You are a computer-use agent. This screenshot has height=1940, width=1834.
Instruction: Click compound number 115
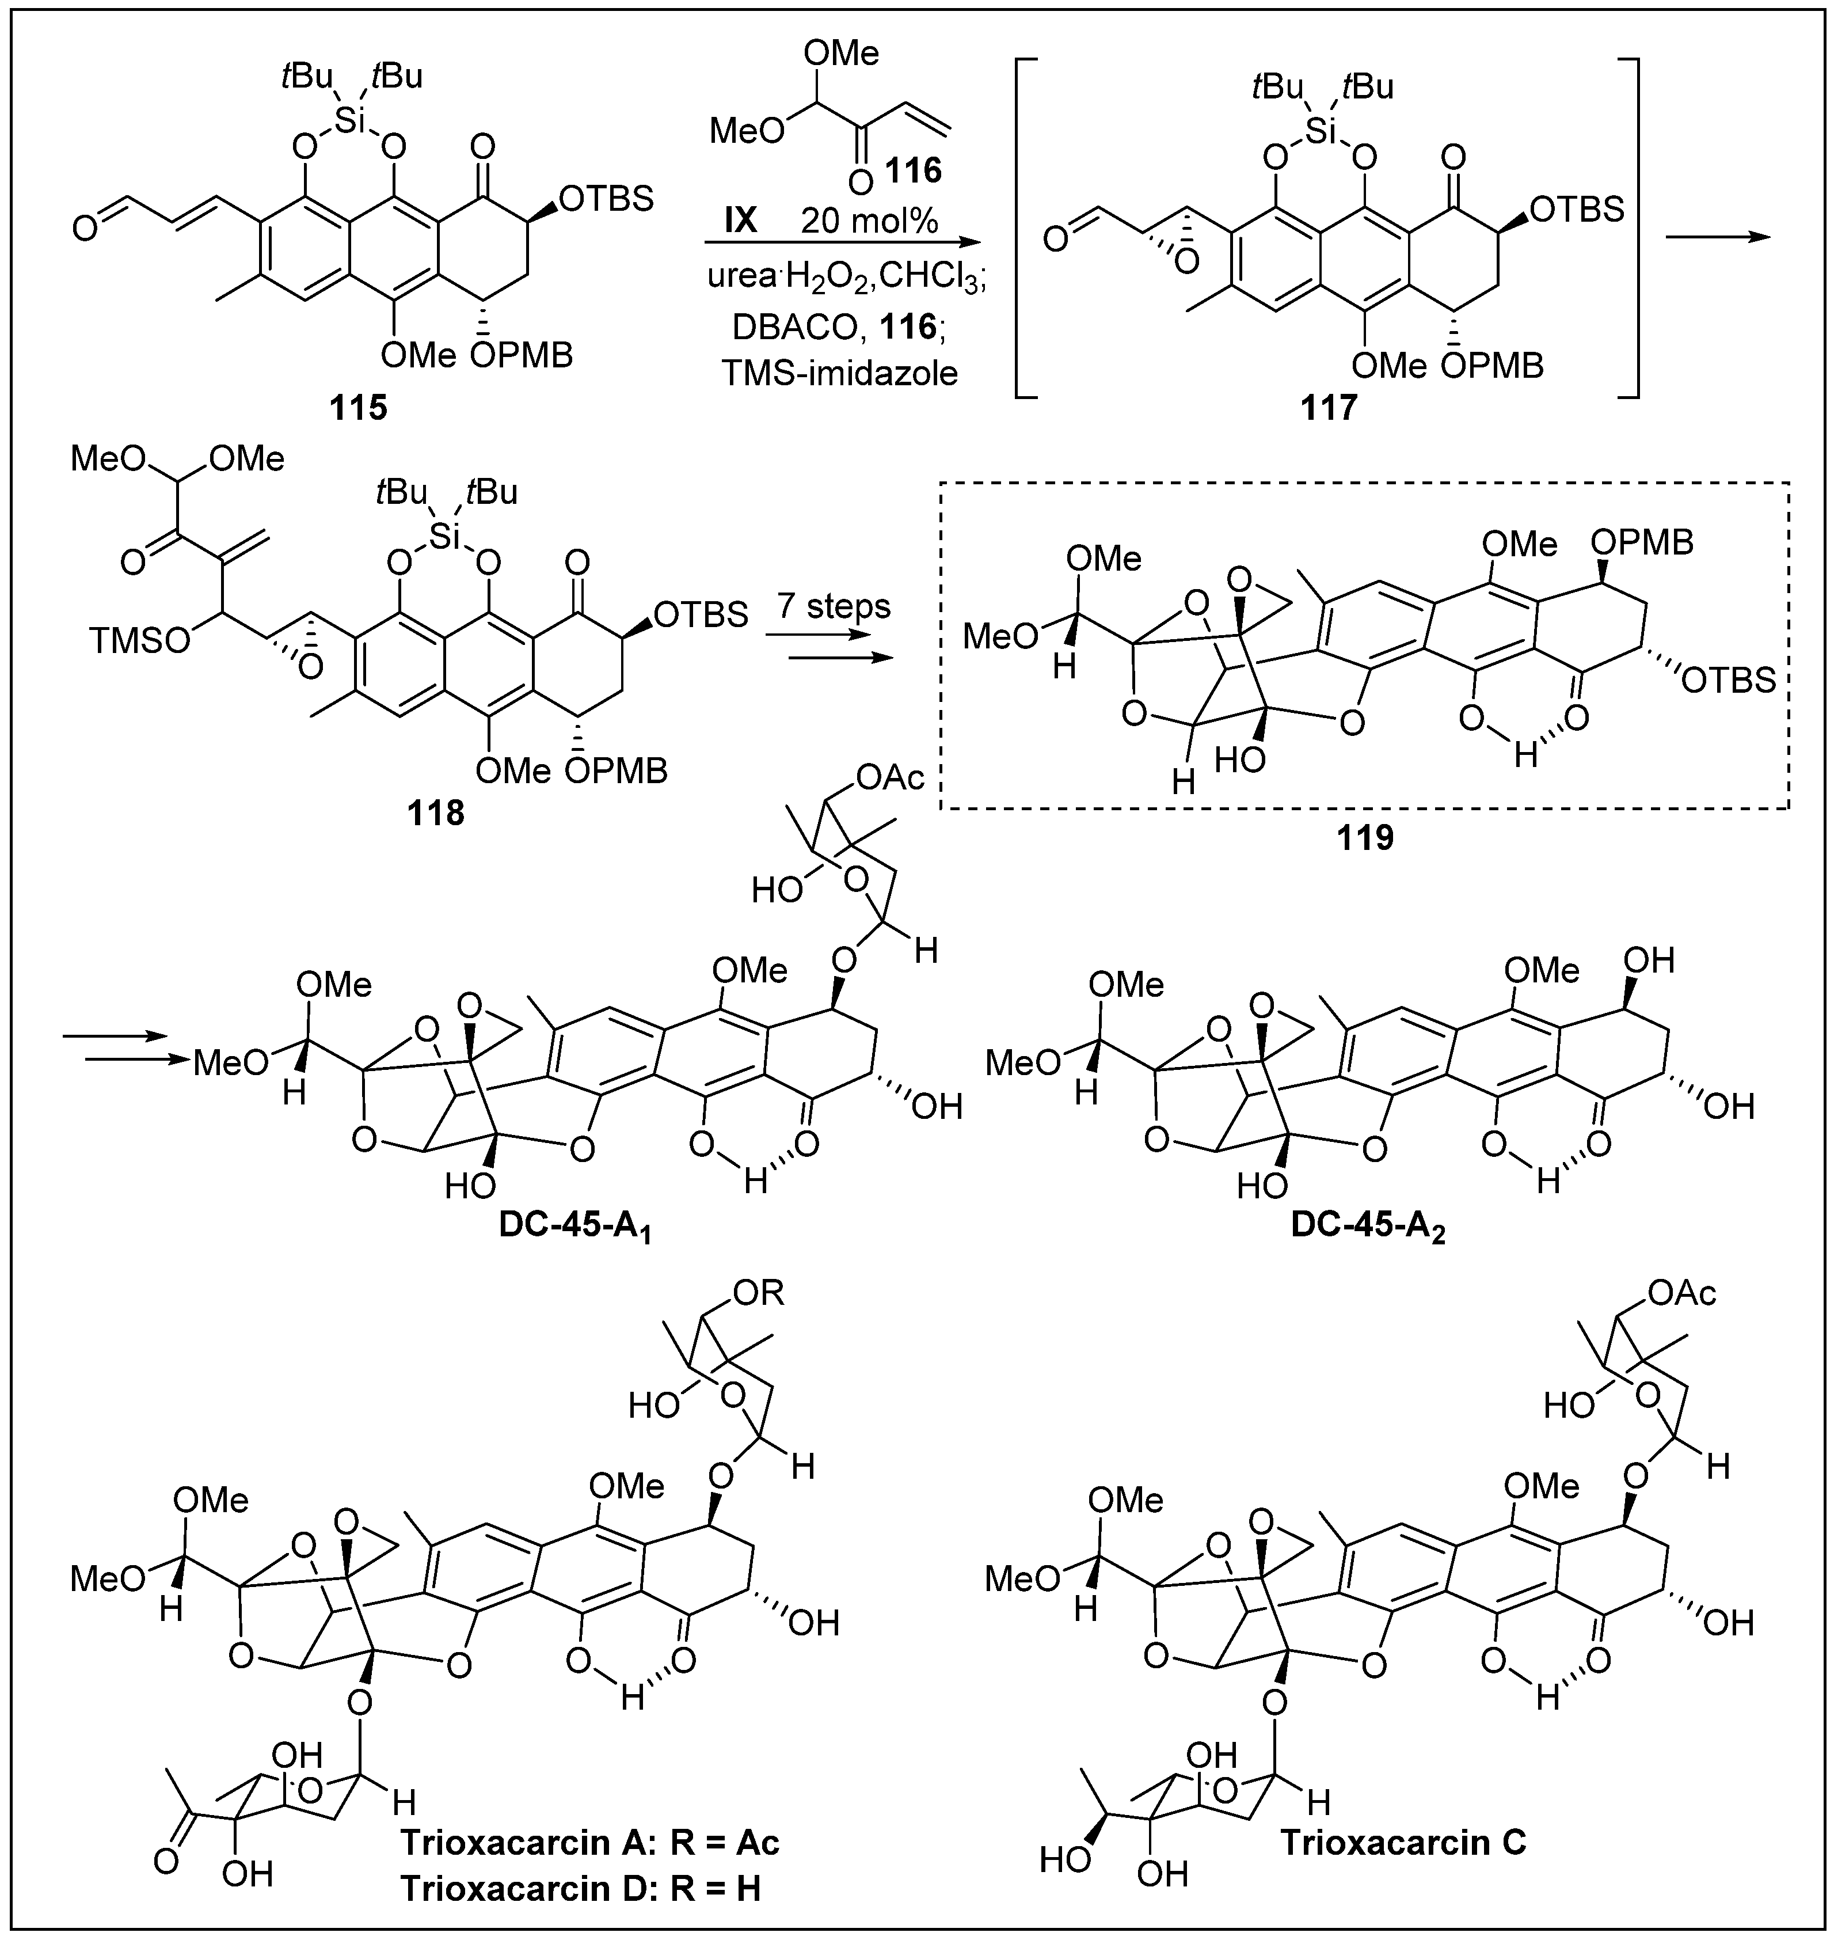(x=359, y=406)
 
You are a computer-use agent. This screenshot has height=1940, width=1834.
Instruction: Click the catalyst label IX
(x=740, y=221)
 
